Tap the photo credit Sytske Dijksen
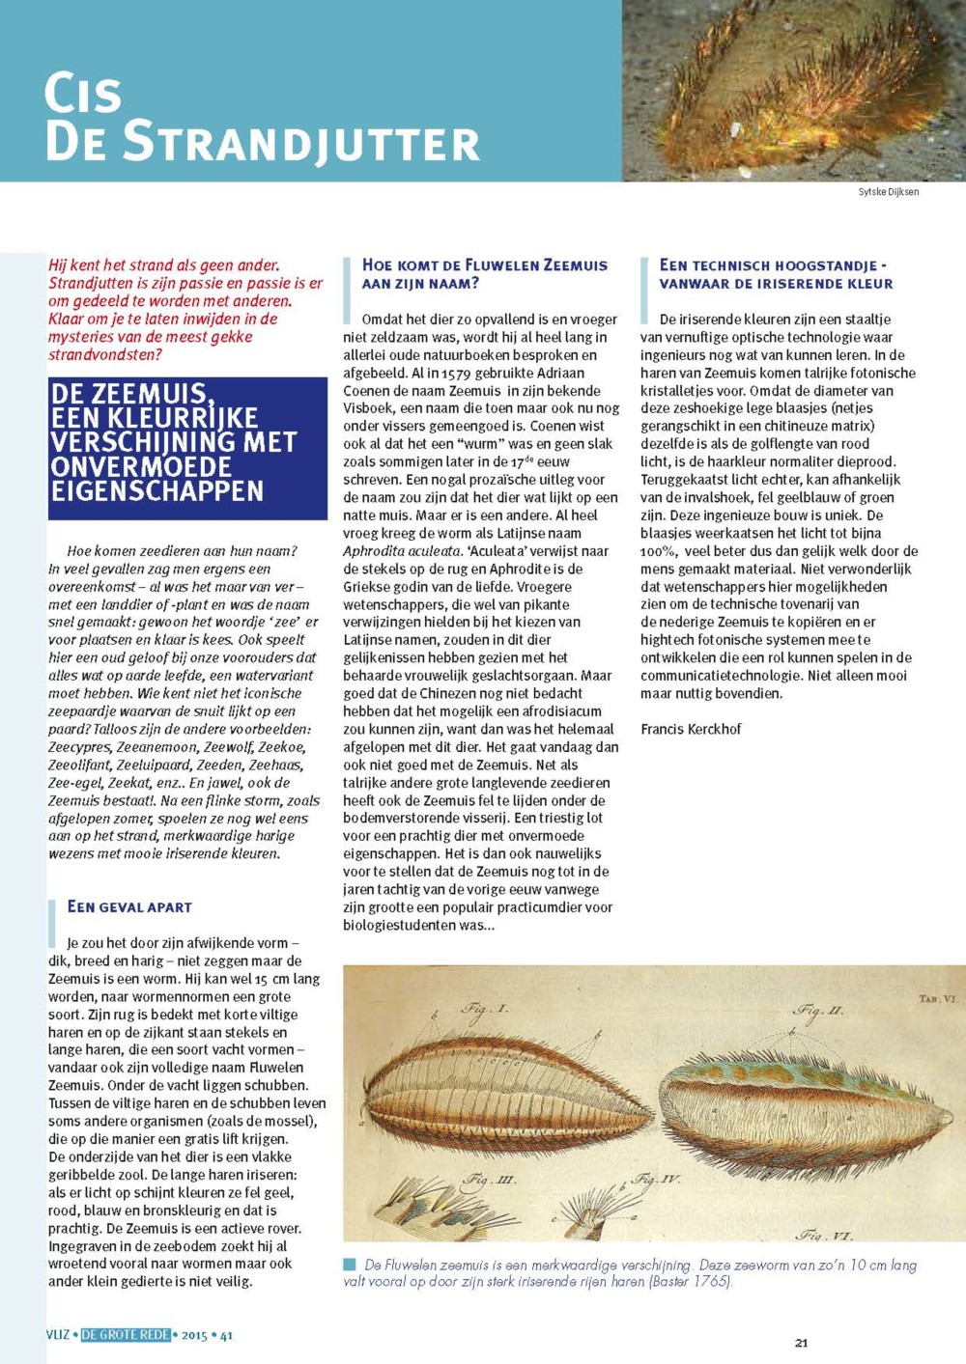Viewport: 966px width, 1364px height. click(x=888, y=192)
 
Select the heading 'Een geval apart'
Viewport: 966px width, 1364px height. click(x=129, y=907)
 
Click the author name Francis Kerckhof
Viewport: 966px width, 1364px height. click(x=691, y=729)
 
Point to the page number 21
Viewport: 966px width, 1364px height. click(x=801, y=1343)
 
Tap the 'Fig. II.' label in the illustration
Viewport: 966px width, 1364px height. click(x=818, y=1012)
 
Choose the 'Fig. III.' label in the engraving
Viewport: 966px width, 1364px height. click(x=490, y=1179)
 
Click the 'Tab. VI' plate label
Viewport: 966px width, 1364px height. click(x=936, y=999)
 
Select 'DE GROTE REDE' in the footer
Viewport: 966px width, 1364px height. click(x=126, y=1335)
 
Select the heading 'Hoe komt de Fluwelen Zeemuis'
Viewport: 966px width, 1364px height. click(x=485, y=265)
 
